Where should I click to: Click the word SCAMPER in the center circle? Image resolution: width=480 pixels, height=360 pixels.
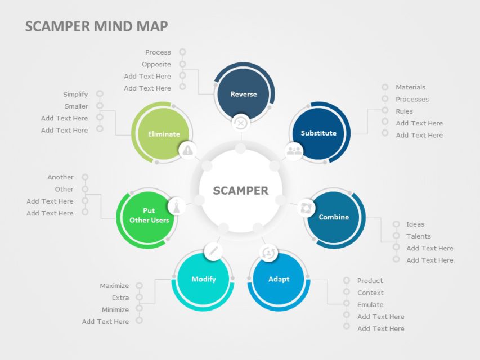click(240, 191)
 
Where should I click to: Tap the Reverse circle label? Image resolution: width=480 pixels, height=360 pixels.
click(243, 94)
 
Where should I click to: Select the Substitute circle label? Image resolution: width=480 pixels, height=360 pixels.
click(318, 133)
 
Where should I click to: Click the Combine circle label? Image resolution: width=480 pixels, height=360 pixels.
click(334, 217)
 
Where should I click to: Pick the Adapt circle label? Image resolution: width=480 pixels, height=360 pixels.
click(279, 279)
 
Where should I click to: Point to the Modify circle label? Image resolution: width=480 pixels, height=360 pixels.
click(204, 279)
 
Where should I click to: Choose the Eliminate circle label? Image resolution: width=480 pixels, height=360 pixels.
click(164, 134)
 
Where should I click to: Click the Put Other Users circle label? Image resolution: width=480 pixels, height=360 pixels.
click(149, 215)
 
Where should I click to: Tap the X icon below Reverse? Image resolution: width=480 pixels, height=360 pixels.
click(240, 122)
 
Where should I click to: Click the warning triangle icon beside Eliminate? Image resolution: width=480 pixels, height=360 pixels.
click(188, 150)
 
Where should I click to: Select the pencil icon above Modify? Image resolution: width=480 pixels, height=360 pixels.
click(213, 251)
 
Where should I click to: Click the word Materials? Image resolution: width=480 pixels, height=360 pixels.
click(410, 87)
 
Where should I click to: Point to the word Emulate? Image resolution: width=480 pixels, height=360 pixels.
click(370, 305)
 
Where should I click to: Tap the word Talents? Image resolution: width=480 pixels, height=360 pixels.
click(419, 236)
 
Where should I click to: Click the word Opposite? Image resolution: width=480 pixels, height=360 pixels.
click(156, 64)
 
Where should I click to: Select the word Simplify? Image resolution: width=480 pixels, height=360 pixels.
click(75, 94)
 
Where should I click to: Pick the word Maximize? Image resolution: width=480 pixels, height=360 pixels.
click(114, 286)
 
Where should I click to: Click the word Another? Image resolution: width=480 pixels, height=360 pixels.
click(60, 177)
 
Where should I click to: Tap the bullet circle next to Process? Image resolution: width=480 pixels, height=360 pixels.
click(182, 52)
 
